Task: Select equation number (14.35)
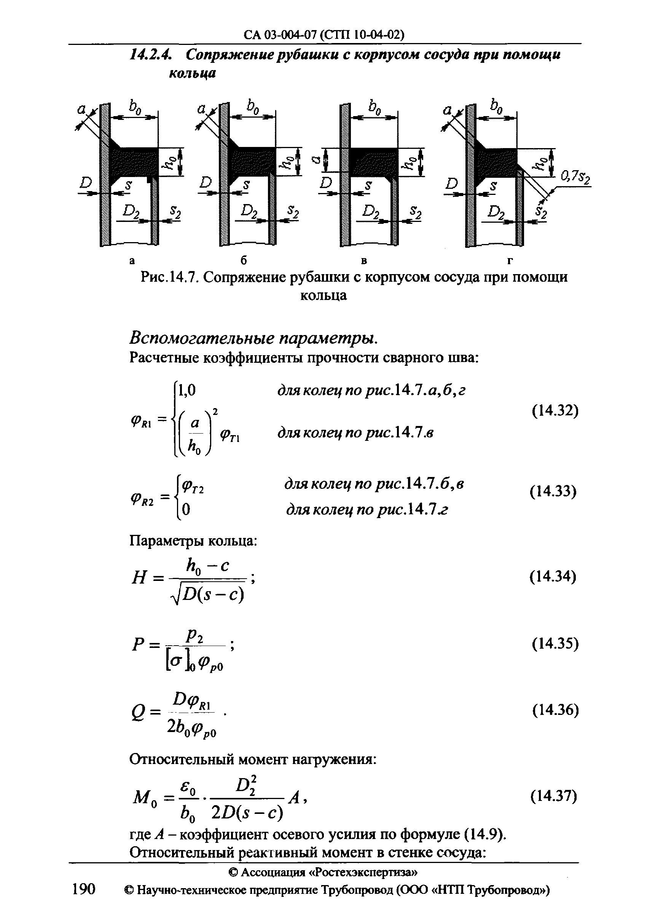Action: [555, 643]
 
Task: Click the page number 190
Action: [83, 901]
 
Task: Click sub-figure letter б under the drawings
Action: [243, 261]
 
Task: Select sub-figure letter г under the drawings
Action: [510, 261]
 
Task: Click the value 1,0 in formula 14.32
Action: [186, 390]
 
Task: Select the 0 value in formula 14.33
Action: [186, 510]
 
